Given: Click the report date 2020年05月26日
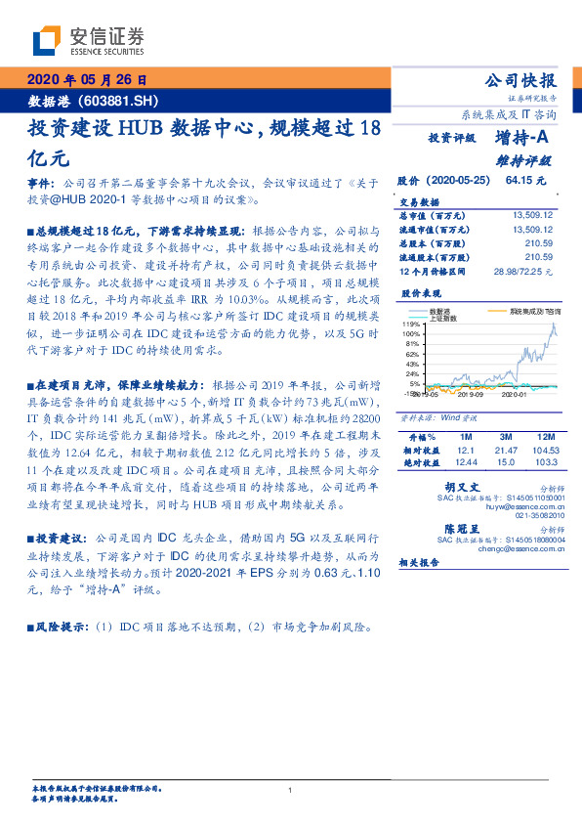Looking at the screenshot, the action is (x=85, y=80).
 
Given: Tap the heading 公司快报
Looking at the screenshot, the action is (x=520, y=80).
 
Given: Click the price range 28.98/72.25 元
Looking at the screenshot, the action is (x=522, y=270).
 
